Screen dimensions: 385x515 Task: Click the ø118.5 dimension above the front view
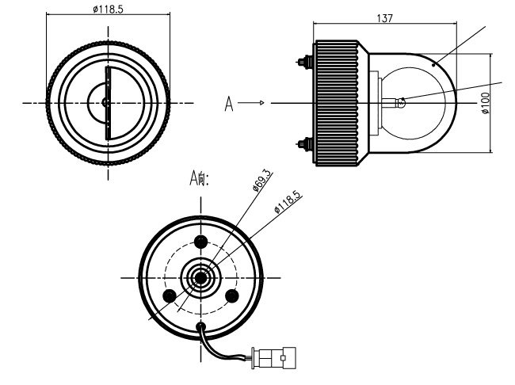click(107, 10)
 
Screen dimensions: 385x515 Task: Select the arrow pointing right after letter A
click(251, 103)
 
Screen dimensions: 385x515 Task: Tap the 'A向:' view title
click(198, 179)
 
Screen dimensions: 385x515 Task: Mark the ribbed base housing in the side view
click(338, 103)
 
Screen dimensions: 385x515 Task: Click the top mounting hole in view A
click(200, 242)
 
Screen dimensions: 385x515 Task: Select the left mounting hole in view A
click(168, 295)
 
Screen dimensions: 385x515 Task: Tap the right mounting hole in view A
click(233, 295)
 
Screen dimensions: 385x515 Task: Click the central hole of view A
click(200, 277)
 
